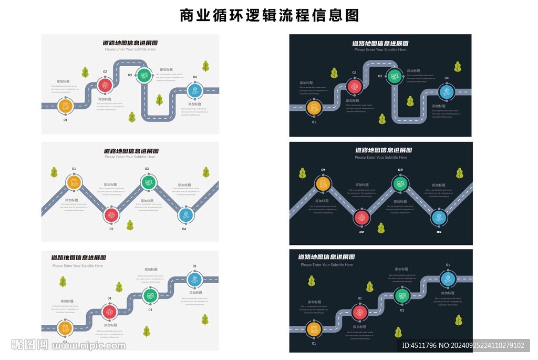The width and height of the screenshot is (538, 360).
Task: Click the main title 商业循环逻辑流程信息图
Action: point(269,15)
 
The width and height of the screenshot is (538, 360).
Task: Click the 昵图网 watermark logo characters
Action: point(29,345)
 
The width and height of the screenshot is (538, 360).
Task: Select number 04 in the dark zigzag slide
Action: point(439,232)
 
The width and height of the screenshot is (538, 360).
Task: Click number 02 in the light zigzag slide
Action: point(111,229)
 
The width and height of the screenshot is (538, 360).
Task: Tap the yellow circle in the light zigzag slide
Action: point(74,182)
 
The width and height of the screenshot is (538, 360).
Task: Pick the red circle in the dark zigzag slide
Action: point(360,217)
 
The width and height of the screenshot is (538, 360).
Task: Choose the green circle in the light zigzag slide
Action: point(147,182)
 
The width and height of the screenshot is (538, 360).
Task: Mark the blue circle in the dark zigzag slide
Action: point(439,217)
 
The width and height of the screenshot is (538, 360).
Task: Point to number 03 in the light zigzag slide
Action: point(147,169)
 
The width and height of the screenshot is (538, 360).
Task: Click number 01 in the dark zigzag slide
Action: point(323,170)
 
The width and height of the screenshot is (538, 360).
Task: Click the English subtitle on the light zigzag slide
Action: point(130,157)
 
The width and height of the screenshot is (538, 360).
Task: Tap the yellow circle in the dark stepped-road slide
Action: point(314,329)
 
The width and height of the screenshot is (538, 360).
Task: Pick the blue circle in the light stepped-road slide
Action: point(194,279)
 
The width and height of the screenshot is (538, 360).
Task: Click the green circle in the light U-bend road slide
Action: point(143,75)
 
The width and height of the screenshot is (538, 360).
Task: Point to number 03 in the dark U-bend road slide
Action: point(380,76)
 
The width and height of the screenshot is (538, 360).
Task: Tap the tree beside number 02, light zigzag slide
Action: point(130,225)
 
